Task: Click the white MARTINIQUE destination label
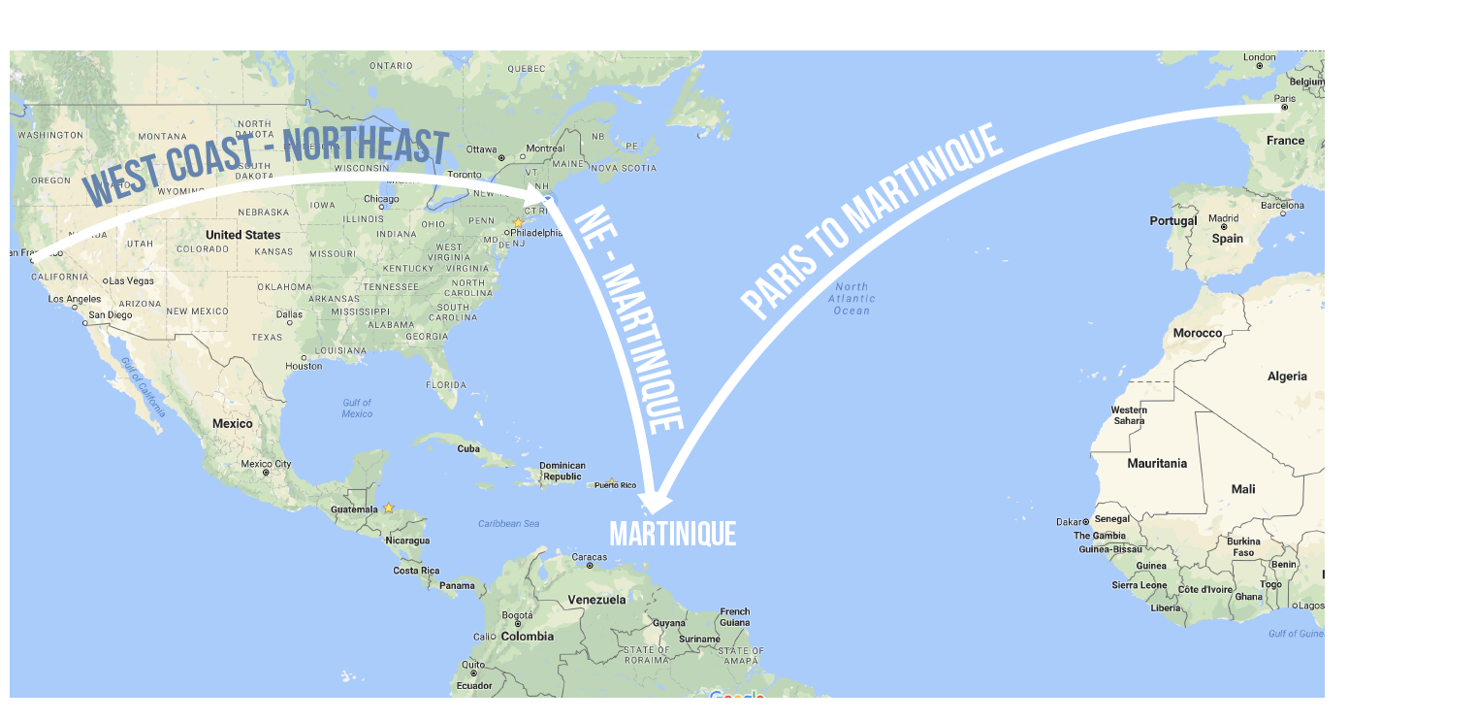[672, 534]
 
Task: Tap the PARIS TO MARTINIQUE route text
[871, 222]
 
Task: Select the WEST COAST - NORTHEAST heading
[267, 166]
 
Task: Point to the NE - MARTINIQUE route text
[629, 319]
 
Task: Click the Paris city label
[1285, 98]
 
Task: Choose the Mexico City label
[266, 464]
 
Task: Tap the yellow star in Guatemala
[389, 508]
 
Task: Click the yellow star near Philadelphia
[518, 222]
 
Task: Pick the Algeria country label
[1287, 377]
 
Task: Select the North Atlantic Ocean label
[851, 298]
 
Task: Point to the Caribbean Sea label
[508, 524]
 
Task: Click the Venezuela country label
[596, 600]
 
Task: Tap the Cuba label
[468, 448]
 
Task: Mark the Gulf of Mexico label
[357, 409]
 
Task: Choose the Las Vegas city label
[132, 280]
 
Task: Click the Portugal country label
[1173, 221]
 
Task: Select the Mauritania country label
[1157, 464]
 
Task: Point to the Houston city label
[304, 366]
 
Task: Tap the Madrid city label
[1224, 218]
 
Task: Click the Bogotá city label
[518, 615]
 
